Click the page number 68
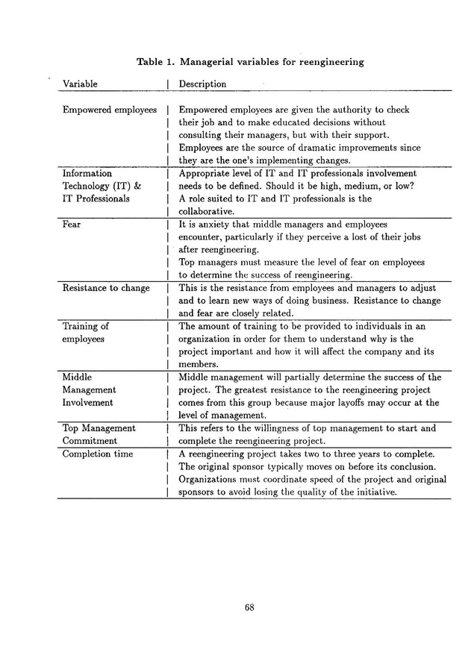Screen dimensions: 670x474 click(x=250, y=607)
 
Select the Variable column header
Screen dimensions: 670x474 click(x=80, y=84)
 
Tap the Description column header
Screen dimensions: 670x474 click(x=202, y=84)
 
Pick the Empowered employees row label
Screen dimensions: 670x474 click(x=110, y=110)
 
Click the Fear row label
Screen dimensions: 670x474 click(x=72, y=223)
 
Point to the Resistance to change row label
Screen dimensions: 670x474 click(x=106, y=288)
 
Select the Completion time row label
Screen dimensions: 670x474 click(x=98, y=454)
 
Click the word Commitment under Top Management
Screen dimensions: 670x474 click(x=90, y=441)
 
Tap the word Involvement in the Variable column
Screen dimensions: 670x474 click(x=88, y=402)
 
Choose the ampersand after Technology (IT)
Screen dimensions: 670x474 click(x=137, y=186)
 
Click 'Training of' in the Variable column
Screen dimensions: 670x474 click(x=85, y=326)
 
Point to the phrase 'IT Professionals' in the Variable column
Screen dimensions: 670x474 click(x=96, y=198)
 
